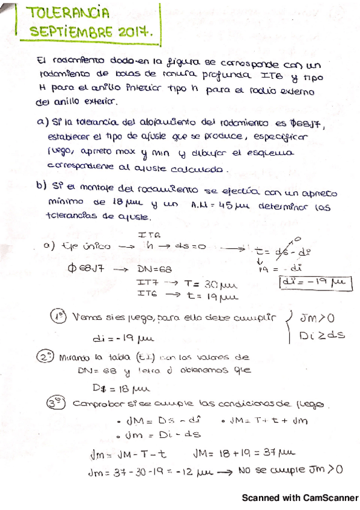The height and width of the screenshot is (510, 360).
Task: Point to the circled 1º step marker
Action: coord(58,317)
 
